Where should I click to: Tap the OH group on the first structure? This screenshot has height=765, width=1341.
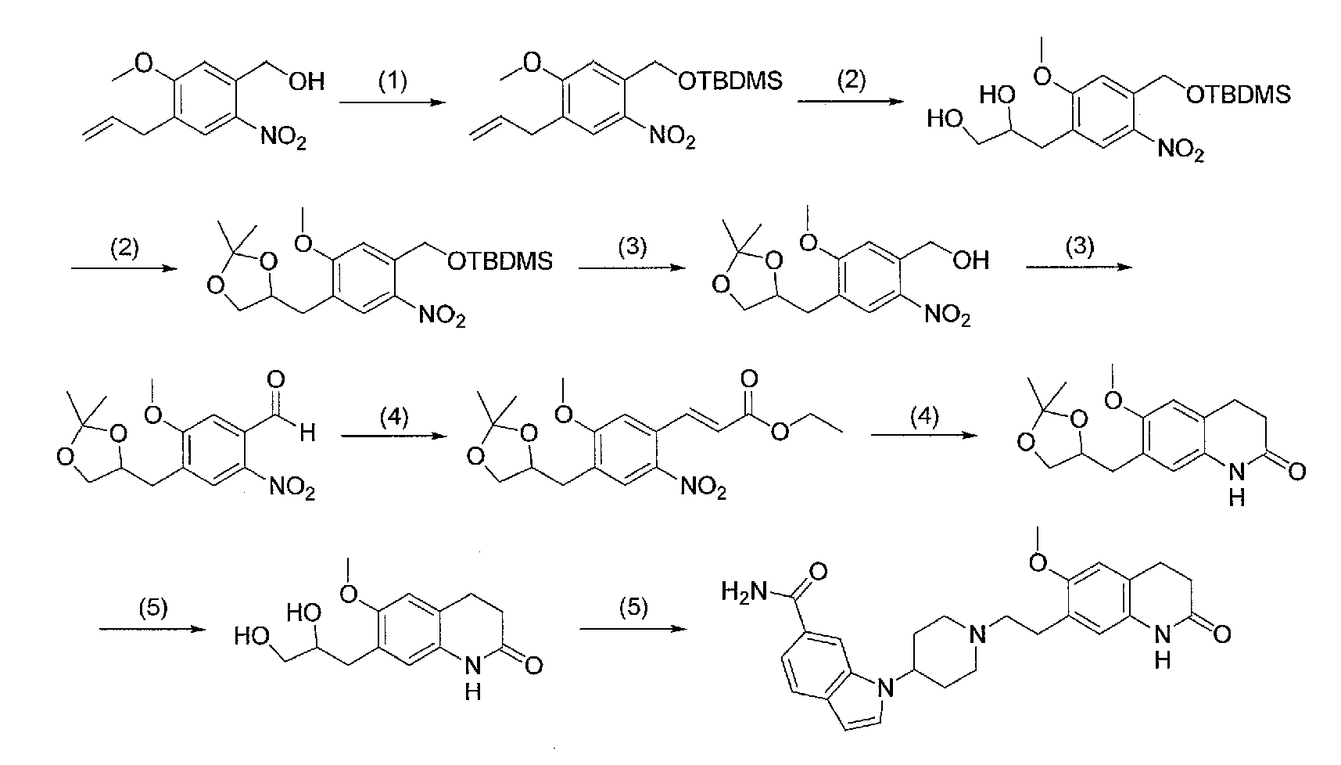(307, 81)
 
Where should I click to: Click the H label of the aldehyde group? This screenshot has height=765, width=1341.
(307, 433)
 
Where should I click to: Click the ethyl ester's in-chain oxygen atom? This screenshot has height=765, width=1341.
(779, 431)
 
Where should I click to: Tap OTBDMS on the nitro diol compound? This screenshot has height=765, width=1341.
(1237, 95)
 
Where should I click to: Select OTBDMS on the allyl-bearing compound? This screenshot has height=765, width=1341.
(730, 82)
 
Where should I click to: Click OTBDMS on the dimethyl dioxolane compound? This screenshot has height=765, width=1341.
(500, 260)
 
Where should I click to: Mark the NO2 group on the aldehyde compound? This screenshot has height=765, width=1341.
(292, 490)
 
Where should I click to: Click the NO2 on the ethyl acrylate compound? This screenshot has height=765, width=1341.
(703, 490)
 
